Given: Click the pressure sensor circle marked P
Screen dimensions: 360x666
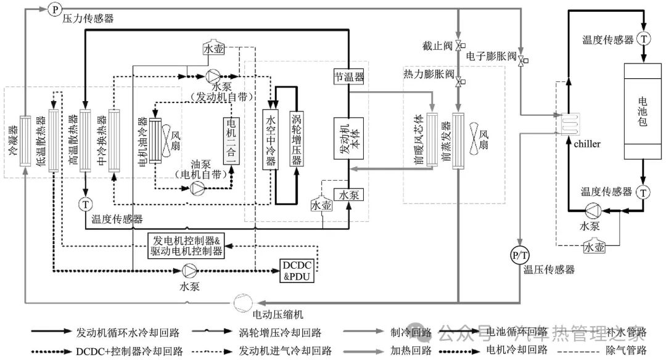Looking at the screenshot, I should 54,9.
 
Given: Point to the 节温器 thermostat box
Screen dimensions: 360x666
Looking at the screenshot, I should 348,77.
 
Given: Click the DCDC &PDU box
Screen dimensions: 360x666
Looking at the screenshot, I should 297,271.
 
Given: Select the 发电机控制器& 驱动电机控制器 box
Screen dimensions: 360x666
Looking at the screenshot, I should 186,245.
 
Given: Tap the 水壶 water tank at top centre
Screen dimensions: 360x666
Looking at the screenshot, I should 213,47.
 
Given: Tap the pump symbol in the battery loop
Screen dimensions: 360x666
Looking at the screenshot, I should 593,210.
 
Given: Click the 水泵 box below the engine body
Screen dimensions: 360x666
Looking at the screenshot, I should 348,194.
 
